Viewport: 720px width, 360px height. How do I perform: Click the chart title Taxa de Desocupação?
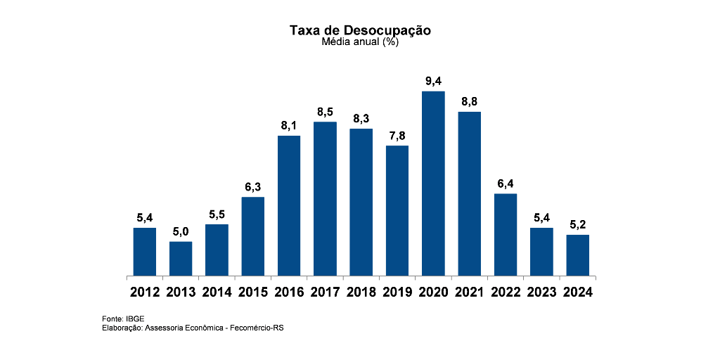pyautogui.click(x=360, y=30)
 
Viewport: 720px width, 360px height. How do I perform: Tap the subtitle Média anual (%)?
pyautogui.click(x=360, y=42)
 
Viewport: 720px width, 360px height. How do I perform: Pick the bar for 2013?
pyautogui.click(x=181, y=258)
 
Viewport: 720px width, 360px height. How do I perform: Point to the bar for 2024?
pyautogui.click(x=577, y=255)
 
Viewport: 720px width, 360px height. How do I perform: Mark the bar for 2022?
pyautogui.click(x=506, y=234)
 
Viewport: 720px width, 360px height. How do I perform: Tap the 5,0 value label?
pyautogui.click(x=181, y=232)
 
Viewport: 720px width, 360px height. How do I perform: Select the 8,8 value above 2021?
pyautogui.click(x=469, y=102)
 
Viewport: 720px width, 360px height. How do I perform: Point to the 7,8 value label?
pyautogui.click(x=397, y=136)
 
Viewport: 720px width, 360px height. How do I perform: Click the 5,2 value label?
pyautogui.click(x=577, y=225)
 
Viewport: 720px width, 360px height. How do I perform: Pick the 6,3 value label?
pyautogui.click(x=253, y=187)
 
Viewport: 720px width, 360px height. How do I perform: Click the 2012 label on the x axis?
pyautogui.click(x=145, y=292)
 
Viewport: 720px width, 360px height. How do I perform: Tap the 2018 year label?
pyautogui.click(x=361, y=292)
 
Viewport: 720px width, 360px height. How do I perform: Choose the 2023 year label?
pyautogui.click(x=541, y=292)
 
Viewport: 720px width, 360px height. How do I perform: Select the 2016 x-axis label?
pyautogui.click(x=289, y=292)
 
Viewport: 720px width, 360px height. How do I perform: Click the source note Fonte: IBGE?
pyautogui.click(x=123, y=319)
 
